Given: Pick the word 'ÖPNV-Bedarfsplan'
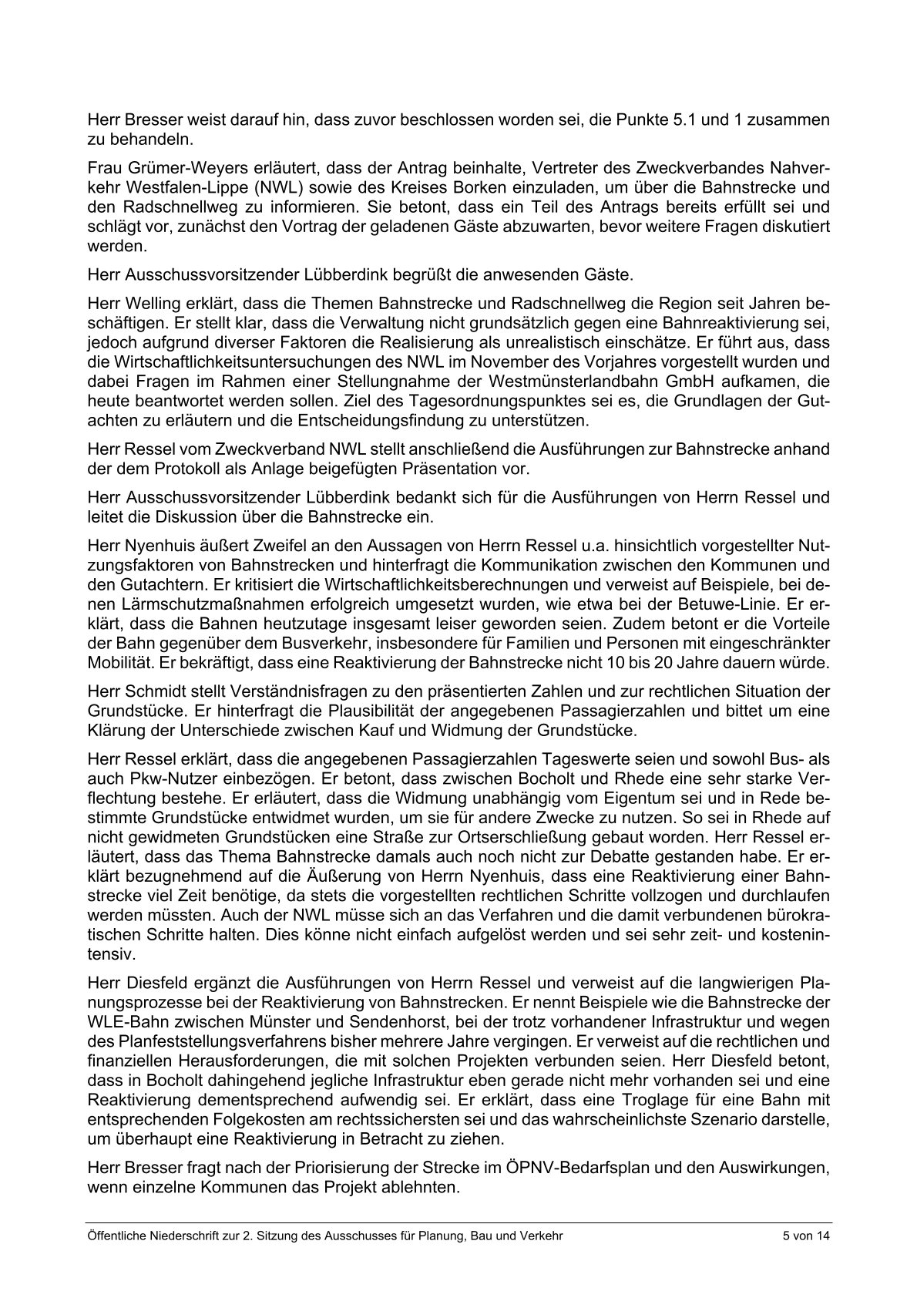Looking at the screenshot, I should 536,1170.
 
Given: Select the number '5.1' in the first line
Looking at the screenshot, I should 695,120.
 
